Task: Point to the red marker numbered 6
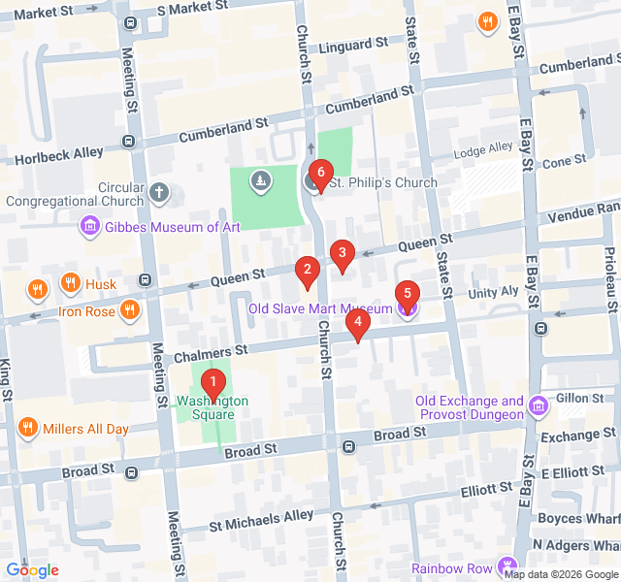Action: pyautogui.click(x=318, y=177)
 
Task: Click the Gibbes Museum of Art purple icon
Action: pyautogui.click(x=90, y=227)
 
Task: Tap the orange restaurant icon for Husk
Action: pyautogui.click(x=70, y=284)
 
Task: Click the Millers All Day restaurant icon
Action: pyautogui.click(x=27, y=428)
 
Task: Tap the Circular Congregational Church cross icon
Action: pyautogui.click(x=159, y=194)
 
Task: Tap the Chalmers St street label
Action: pyautogui.click(x=209, y=348)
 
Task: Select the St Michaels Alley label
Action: pyautogui.click(x=262, y=516)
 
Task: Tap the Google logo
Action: pyautogui.click(x=32, y=569)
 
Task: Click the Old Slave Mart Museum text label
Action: pyautogui.click(x=320, y=309)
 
